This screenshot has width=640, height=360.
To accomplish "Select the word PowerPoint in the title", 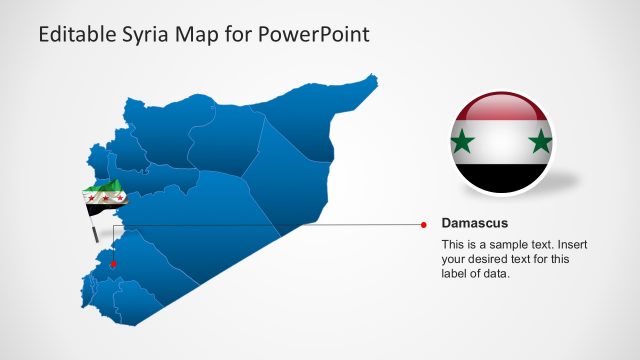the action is point(314,35).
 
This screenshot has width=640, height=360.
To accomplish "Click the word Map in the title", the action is point(201,35).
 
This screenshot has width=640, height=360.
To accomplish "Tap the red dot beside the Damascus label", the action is point(424,224).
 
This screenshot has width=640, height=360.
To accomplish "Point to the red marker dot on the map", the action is point(113,264).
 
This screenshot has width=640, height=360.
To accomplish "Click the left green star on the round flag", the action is point(462,142).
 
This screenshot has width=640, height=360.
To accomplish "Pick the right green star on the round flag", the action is point(541,142).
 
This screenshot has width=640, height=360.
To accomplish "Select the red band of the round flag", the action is point(501,108).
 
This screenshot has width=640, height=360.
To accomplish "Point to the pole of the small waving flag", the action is point(94,232).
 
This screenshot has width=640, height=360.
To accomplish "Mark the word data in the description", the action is point(497,275).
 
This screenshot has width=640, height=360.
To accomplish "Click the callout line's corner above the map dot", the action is point(113,224).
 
